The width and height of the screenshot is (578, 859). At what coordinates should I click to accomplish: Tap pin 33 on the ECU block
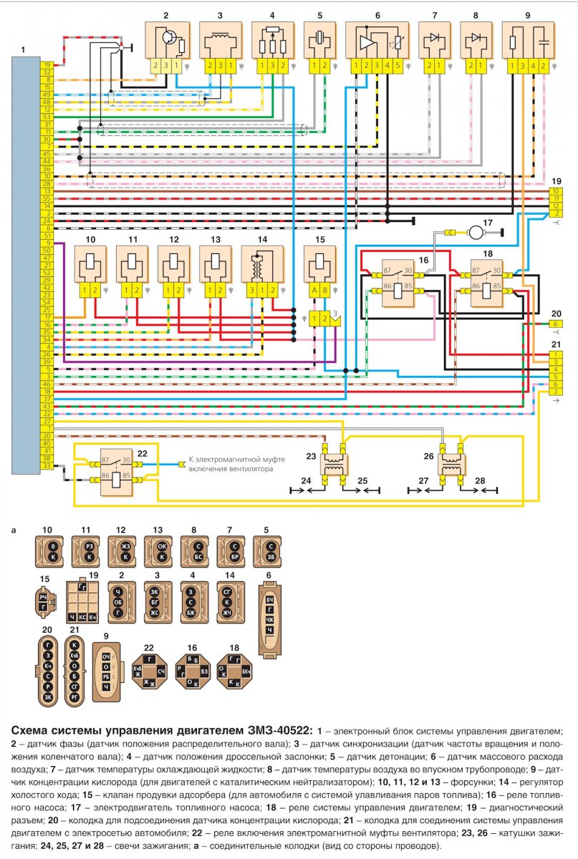46,467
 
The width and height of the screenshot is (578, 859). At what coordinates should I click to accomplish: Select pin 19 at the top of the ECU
46,64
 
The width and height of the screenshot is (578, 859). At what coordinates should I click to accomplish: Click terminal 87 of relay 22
105,462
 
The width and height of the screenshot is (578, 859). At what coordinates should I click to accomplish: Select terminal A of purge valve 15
312,290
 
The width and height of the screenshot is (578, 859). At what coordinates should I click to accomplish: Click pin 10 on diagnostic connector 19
555,191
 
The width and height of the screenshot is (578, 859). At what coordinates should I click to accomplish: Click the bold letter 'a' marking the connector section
14,532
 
